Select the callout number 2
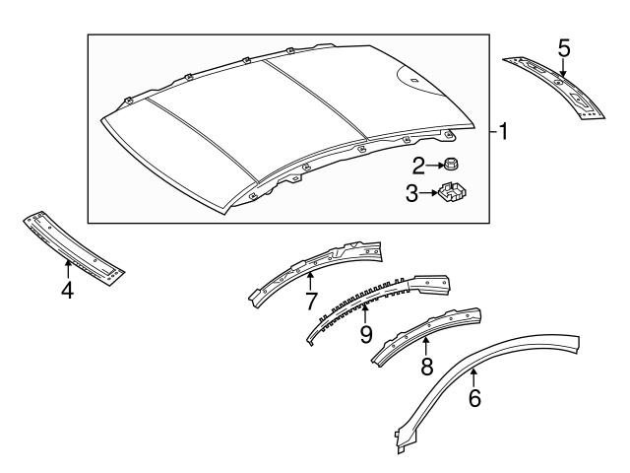point(417,165)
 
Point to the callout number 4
point(67,292)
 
